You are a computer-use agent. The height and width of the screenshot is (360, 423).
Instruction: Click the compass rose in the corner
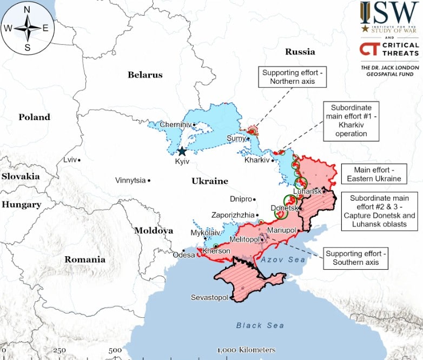tap(25, 28)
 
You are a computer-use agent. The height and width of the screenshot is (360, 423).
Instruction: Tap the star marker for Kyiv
tap(182, 152)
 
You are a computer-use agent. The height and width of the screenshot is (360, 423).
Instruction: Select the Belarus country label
tap(145, 75)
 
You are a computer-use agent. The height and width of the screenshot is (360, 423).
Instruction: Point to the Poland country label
tap(34, 117)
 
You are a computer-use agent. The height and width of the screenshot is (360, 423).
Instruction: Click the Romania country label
tap(85, 259)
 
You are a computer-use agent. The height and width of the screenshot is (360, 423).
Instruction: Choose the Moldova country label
tap(154, 231)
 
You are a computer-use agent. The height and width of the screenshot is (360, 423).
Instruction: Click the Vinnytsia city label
tap(130, 181)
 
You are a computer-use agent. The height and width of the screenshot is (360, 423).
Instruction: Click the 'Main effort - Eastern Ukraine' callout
tap(374, 175)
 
